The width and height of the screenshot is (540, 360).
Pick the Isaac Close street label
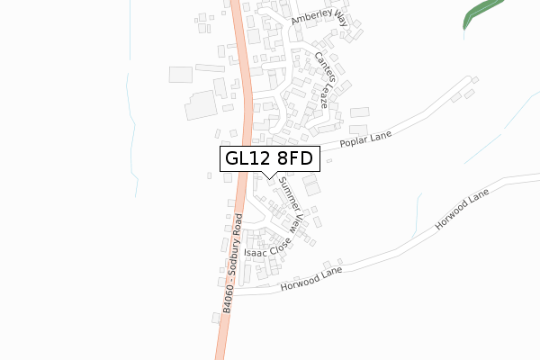pyautogui.click(x=267, y=247)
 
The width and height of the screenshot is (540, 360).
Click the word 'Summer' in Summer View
pyautogui.click(x=287, y=191)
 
